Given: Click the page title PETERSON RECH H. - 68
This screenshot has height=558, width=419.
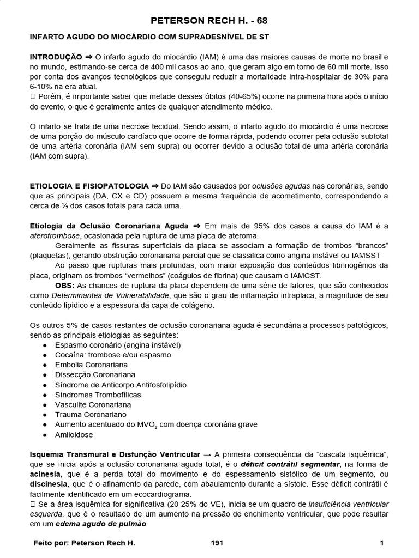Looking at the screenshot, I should click(x=209, y=21).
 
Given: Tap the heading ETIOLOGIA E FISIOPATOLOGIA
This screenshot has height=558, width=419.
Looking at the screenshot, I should click(x=88, y=186).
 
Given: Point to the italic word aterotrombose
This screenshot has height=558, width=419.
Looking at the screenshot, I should click(x=55, y=235).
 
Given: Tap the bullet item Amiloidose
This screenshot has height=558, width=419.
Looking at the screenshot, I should click(x=74, y=435).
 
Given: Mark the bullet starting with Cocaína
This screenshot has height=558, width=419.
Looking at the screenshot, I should click(x=113, y=355).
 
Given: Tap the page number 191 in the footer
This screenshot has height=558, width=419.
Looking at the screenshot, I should click(x=217, y=543).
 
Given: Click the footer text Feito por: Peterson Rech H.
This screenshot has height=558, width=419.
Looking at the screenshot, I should click(x=84, y=543).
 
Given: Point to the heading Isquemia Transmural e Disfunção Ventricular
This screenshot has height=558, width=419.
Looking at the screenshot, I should click(x=113, y=454).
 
